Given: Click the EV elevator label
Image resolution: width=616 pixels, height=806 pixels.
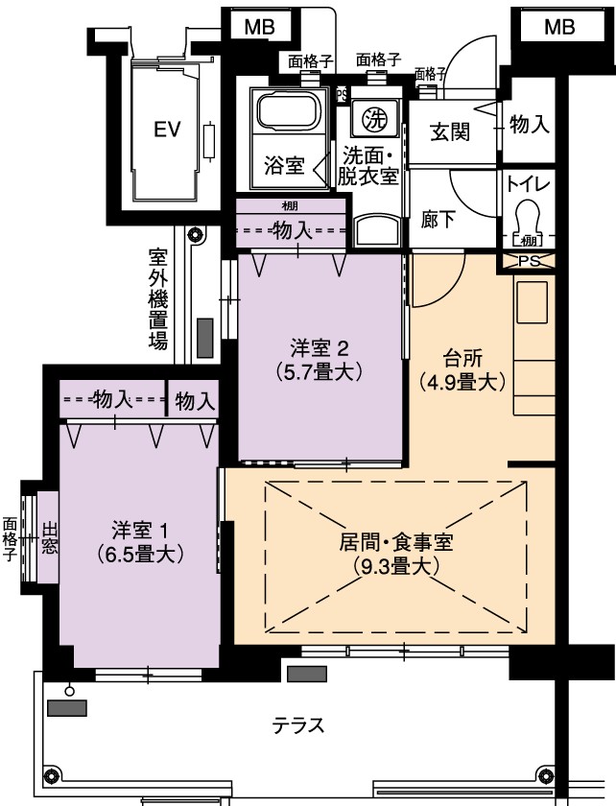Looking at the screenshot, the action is [168, 129].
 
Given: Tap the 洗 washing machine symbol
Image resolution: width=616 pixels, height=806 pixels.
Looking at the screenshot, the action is [374, 119].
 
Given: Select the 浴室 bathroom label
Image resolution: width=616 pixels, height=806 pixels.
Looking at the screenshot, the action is [284, 165].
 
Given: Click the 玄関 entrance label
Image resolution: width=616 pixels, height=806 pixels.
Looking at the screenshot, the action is [450, 131].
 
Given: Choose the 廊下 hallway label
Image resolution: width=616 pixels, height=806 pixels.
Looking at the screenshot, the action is [438, 220].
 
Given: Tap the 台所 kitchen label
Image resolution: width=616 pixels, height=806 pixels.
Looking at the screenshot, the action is [462, 358].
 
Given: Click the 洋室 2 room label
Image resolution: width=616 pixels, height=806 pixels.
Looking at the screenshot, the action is [320, 349].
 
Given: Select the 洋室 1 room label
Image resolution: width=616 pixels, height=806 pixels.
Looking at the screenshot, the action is [140, 529].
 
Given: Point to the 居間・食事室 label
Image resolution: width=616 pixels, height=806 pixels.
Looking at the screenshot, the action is [396, 542].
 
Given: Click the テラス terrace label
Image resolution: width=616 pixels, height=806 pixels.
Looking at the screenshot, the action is [298, 725].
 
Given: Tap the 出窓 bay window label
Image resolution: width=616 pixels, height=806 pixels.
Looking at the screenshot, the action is [49, 537].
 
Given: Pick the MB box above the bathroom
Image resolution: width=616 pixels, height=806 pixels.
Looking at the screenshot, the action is [260, 26].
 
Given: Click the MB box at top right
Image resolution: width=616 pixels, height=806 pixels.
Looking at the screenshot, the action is [559, 26].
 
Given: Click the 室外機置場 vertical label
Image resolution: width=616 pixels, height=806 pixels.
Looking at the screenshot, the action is [158, 299].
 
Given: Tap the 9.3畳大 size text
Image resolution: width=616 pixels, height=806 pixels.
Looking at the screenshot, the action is [396, 566].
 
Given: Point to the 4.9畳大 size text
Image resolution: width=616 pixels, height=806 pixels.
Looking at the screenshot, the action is [462, 382].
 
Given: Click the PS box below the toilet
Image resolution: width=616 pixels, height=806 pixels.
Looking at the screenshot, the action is [529, 261].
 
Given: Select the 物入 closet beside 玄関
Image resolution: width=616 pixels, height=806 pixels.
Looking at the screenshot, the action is [529, 124].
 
